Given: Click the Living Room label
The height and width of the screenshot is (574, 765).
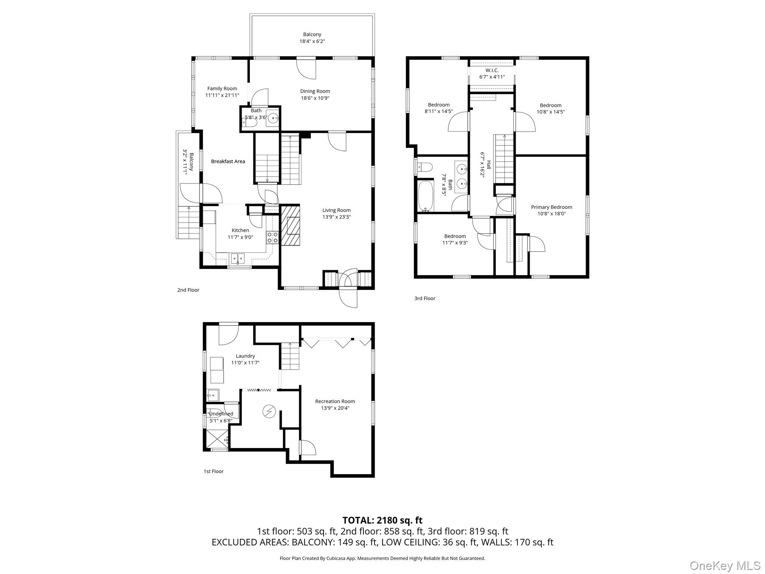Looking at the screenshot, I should click(336, 210).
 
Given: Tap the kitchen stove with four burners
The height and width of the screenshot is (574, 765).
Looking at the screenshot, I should click(272, 238).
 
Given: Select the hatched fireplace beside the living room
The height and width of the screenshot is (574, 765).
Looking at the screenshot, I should click(290, 225).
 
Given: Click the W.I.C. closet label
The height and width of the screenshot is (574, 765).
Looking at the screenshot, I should click(492, 70).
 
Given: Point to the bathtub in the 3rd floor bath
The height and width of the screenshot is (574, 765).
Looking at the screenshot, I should click(425, 196).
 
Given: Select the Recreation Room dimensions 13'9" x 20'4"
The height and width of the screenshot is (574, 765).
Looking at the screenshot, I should click(335, 408).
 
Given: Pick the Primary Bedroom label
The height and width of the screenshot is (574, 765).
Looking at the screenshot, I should click(551, 207).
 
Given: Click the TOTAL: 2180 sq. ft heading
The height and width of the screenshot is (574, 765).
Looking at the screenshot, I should click(382, 520).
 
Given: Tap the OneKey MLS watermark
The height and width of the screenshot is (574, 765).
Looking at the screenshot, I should click(725, 565).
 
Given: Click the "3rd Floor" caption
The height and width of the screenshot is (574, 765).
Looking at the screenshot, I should click(425, 298).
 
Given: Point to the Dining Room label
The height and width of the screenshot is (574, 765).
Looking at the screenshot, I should click(315, 91).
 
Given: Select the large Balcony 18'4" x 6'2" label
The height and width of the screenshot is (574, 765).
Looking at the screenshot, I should click(312, 38).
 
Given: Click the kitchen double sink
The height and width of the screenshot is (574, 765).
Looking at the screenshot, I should click(237, 257).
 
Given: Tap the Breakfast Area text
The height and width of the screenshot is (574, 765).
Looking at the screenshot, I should click(228, 161).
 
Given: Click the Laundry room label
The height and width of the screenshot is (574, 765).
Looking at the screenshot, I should click(245, 356).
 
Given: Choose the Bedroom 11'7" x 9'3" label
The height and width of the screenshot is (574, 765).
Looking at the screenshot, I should click(455, 239).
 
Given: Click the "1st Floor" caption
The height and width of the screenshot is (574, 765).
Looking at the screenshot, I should click(213, 471).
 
